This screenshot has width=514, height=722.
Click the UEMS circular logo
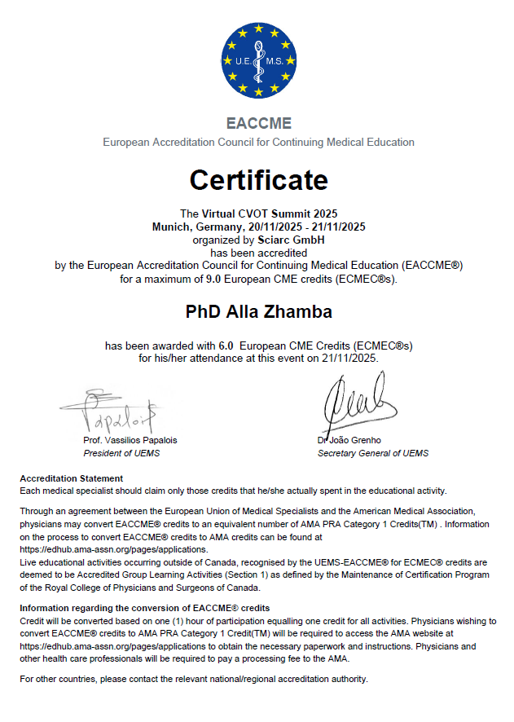point(258,59)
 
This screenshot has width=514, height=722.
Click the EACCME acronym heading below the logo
point(258,124)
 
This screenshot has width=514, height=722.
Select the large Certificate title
point(258,179)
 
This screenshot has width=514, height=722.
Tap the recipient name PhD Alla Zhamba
point(258,312)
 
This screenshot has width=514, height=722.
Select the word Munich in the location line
point(170,227)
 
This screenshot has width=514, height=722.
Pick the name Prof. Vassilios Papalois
point(130,440)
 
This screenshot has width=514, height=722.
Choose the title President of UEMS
point(122,453)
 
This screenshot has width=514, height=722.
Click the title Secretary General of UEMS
point(373,453)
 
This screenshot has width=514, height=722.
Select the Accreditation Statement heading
point(72,478)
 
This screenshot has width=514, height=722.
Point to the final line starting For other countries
point(194,679)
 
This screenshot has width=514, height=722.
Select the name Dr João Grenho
point(349,440)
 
